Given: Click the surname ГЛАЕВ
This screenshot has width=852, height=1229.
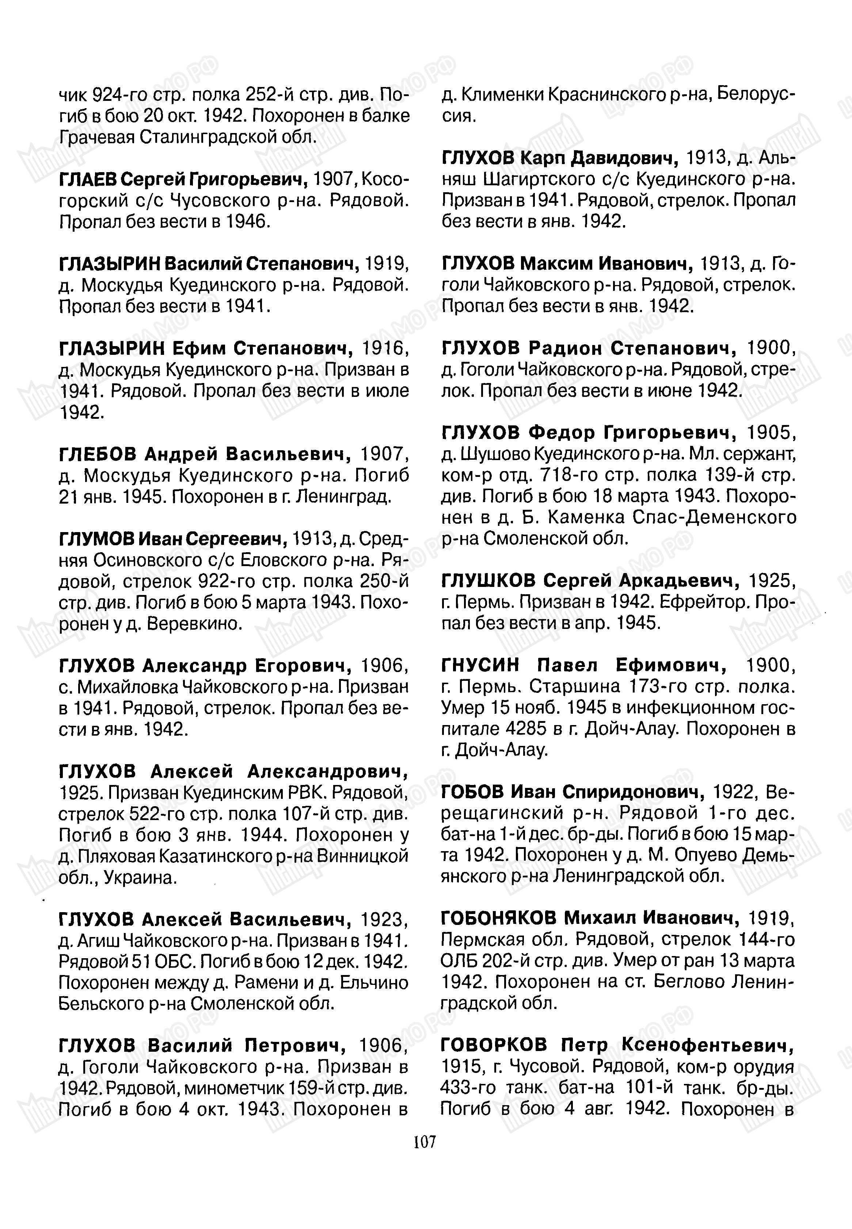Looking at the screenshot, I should [x=88, y=180].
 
